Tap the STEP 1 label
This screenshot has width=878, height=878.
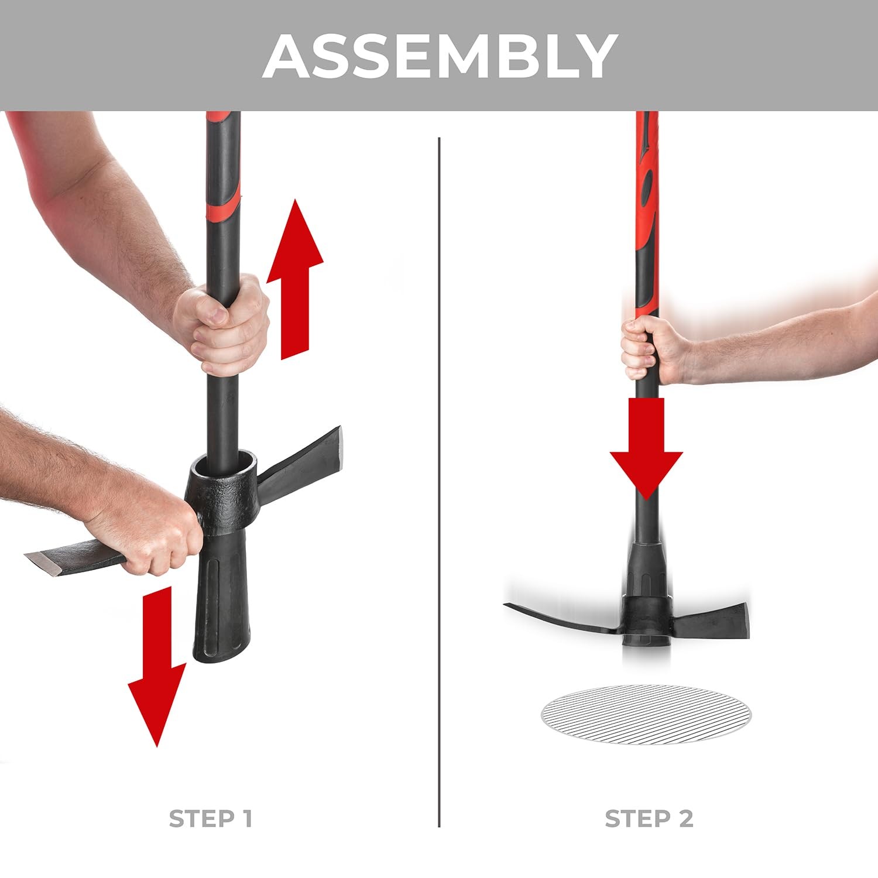pyautogui.click(x=210, y=818)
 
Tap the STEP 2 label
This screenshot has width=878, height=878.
pyautogui.click(x=649, y=818)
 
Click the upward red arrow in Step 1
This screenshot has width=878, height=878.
pyautogui.click(x=294, y=281)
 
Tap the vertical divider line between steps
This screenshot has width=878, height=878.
pyautogui.click(x=439, y=480)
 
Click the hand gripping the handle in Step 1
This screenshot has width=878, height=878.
pyautogui.click(x=225, y=325)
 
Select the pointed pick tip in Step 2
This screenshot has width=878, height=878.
pyautogui.click(x=512, y=607)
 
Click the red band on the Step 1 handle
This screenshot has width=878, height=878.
pyautogui.click(x=223, y=202)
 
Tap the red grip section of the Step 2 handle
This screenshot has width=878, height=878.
pyautogui.click(x=646, y=205)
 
